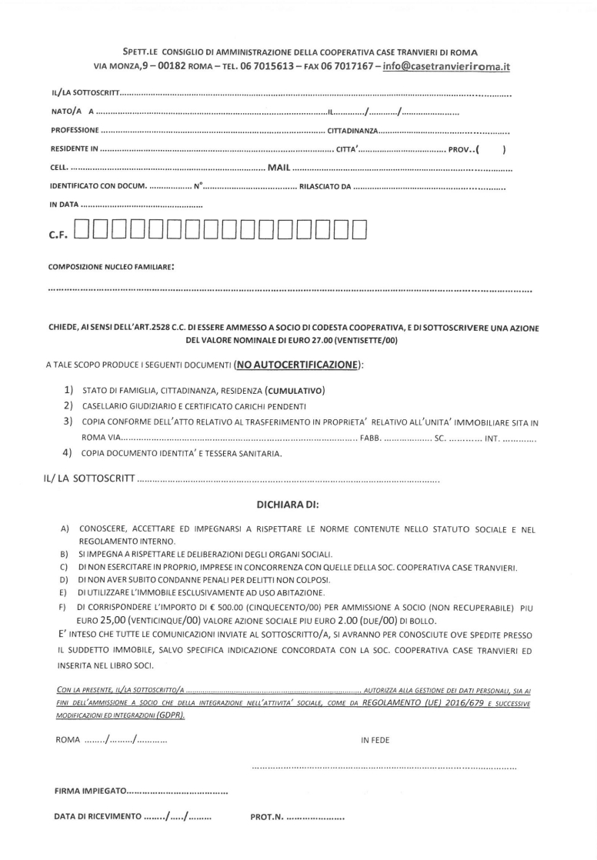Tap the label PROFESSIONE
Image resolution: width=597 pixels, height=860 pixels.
(x=74, y=131)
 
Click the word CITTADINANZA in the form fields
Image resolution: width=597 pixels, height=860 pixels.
(x=350, y=131)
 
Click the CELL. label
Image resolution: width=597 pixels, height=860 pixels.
(x=59, y=167)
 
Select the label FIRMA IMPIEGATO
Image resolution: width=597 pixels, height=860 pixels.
(x=88, y=792)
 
